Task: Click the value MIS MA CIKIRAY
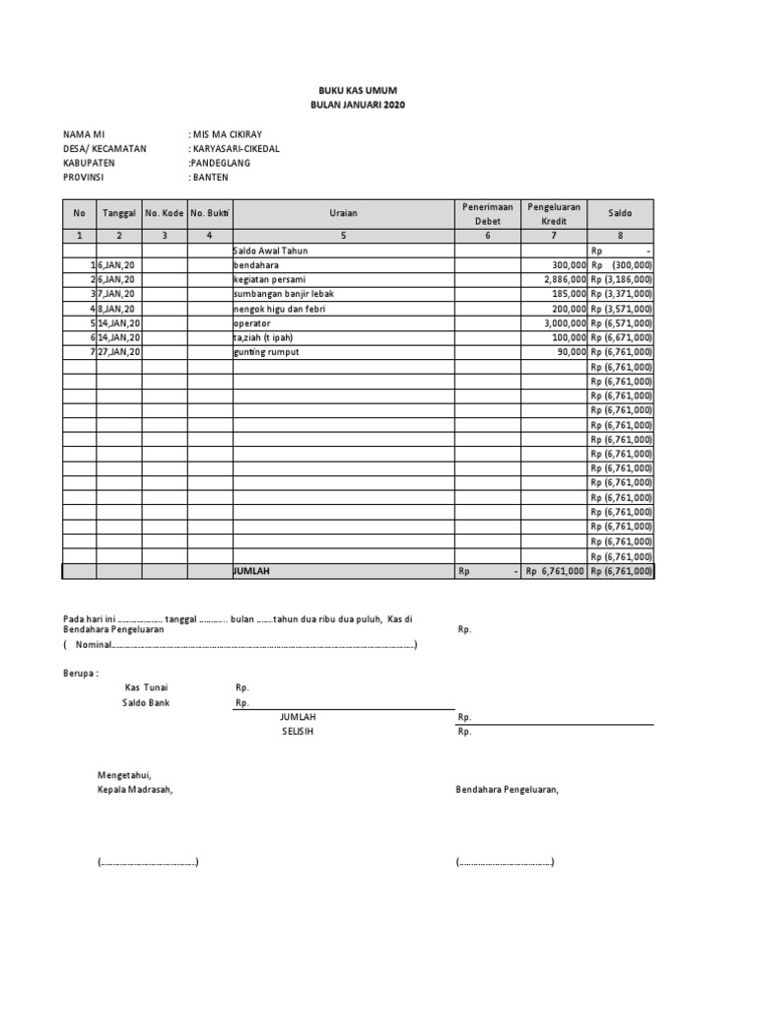pos(228,134)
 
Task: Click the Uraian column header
pos(344,212)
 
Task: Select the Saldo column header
pos(620,212)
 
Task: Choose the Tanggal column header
pos(118,213)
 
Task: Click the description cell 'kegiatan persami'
pos(269,280)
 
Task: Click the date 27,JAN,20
pos(119,352)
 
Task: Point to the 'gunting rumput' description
pos(266,352)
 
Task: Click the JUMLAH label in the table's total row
pos(251,571)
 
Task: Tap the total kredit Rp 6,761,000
pos(555,571)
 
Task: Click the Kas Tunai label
pos(146,687)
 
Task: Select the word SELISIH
pos(298,732)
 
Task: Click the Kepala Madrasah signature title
pos(134,789)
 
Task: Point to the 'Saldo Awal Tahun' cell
pos(271,252)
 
